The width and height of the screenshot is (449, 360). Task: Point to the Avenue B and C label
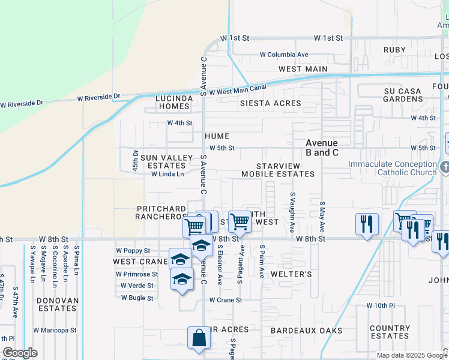[322, 148]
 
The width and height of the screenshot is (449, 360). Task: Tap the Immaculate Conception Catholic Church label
[394, 168]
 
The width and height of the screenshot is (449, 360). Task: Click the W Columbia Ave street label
[284, 55]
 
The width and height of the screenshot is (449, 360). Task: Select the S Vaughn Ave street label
[293, 212]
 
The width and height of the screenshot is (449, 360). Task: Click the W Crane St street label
[225, 300]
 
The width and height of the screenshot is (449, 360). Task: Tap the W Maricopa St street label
[55, 330]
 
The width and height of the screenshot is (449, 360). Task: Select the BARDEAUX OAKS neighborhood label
[306, 331]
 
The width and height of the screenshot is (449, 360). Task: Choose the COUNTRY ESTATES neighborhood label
[390, 332]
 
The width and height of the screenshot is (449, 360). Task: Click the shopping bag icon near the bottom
[198, 338]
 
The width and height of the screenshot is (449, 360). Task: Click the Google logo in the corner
[20, 352]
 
